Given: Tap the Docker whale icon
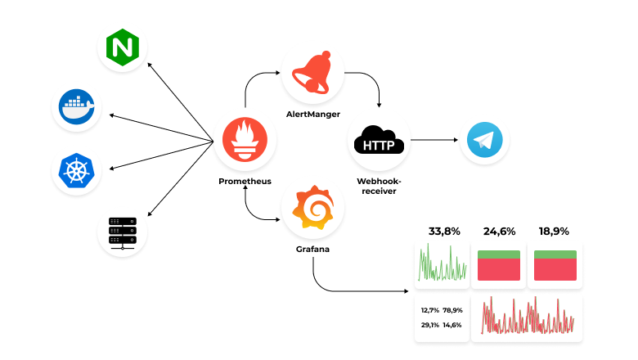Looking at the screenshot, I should [77, 106].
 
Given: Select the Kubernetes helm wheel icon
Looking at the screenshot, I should [77, 170].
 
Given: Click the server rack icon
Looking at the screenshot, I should [123, 232].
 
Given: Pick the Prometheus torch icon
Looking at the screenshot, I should [245, 141].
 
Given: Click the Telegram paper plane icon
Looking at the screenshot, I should [484, 141].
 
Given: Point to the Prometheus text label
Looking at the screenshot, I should [245, 181].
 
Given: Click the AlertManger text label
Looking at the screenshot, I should [313, 114].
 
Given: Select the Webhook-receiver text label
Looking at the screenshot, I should [377, 185].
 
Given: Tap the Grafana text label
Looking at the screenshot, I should [312, 248].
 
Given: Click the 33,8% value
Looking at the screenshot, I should [443, 232].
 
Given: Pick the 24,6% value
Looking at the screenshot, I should [499, 232].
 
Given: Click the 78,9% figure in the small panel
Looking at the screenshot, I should [452, 310].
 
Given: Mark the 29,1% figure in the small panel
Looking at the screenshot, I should [430, 325].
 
